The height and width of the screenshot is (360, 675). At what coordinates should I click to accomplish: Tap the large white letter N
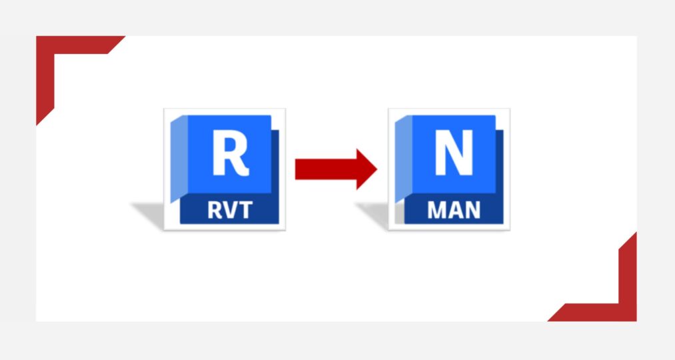453,154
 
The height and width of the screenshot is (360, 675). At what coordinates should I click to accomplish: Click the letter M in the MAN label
437,211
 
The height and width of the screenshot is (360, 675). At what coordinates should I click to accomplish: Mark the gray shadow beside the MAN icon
377,215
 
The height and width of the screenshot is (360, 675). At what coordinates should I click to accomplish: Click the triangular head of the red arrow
366,169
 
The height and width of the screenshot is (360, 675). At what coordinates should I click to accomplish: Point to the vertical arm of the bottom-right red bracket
628,273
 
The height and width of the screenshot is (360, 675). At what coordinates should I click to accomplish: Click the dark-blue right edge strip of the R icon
275,163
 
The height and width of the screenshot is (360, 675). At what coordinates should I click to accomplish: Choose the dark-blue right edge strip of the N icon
500,163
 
